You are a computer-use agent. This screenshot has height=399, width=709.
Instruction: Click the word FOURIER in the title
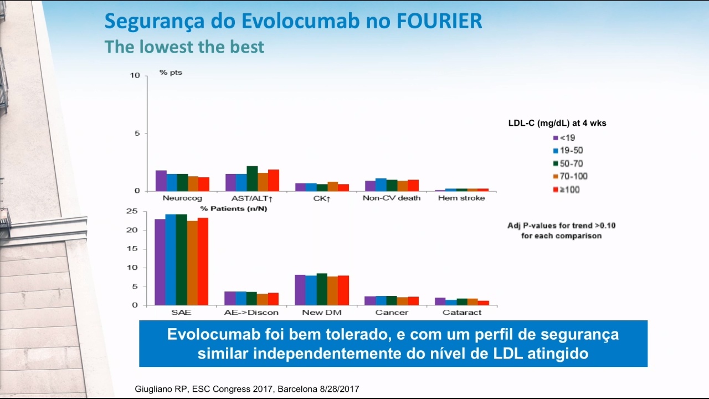point(439,21)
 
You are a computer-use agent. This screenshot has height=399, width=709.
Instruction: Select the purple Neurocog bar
point(161,181)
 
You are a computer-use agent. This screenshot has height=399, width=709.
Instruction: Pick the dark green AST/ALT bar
point(252,178)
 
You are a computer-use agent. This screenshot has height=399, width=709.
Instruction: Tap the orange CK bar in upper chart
point(333,187)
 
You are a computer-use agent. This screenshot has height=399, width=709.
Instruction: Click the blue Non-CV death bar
point(381,185)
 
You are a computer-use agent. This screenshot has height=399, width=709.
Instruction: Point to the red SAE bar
point(203,262)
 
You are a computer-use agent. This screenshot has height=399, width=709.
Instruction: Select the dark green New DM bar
point(322,289)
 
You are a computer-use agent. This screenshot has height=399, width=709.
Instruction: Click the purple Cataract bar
point(440,301)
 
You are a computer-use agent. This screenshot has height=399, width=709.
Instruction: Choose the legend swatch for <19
point(556,138)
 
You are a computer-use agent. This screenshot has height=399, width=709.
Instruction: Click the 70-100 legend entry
point(571,176)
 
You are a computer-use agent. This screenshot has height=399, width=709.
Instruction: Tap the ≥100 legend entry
point(567,190)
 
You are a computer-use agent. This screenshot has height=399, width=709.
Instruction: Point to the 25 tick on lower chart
point(132,211)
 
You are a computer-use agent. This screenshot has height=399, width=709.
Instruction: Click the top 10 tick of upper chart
point(135,75)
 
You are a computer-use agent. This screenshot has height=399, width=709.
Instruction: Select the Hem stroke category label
point(461,198)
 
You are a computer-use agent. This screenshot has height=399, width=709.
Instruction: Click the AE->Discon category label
point(251,313)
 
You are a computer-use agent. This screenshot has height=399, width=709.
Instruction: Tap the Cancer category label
point(392,313)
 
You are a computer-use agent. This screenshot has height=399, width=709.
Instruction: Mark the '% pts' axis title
point(171,73)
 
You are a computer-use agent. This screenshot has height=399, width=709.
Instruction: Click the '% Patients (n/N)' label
point(234,209)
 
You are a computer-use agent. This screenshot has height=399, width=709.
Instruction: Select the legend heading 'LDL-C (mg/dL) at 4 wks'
point(557,123)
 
